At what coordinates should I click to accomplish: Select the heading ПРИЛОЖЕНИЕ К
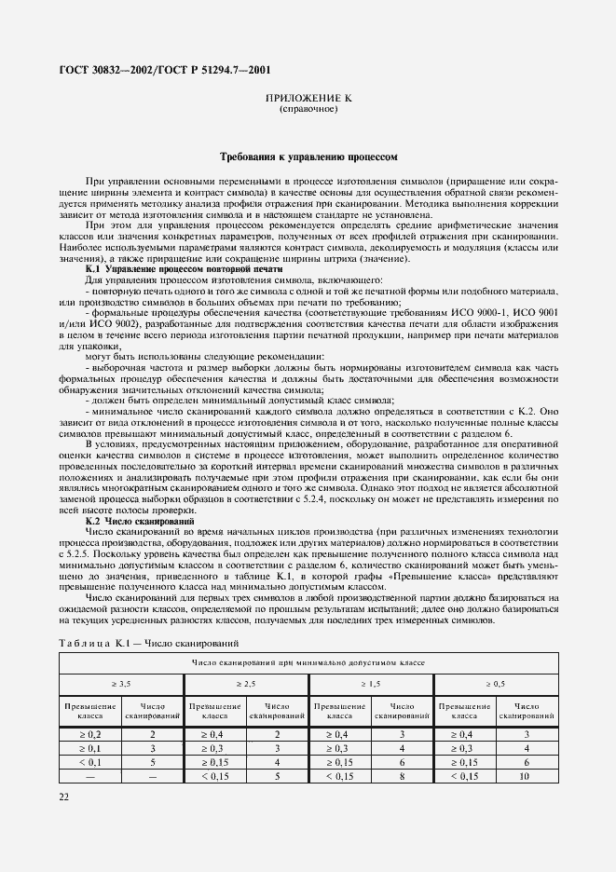pyautogui.click(x=308, y=97)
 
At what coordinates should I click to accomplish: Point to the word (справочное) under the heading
pyautogui.click(x=308, y=108)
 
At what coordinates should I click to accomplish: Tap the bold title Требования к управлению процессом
pyautogui.click(x=308, y=158)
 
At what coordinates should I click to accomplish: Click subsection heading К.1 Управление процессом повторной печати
pyautogui.click(x=171, y=267)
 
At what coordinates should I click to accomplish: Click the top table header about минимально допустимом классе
pyautogui.click(x=308, y=661)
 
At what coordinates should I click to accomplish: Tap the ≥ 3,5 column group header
pyautogui.click(x=121, y=684)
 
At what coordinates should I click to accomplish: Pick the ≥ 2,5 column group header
pyautogui.click(x=246, y=684)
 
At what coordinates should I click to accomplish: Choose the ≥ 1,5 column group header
pyautogui.click(x=370, y=684)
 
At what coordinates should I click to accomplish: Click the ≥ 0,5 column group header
pyautogui.click(x=494, y=684)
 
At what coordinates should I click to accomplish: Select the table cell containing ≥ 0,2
pyautogui.click(x=89, y=735)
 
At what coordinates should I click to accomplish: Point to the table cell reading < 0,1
pyautogui.click(x=89, y=761)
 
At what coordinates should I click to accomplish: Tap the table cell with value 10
pyautogui.click(x=526, y=774)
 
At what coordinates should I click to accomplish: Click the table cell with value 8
pyautogui.click(x=401, y=774)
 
